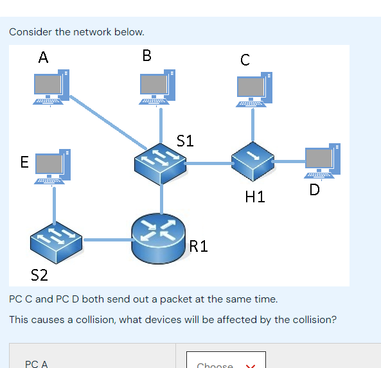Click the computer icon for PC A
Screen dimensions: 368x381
pos(51,87)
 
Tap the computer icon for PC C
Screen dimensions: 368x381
pos(253,89)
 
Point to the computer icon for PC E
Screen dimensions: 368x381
pos(53,168)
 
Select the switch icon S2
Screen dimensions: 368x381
pos(57,241)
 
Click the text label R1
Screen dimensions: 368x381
pos(199,246)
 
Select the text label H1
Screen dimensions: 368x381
pos(255,197)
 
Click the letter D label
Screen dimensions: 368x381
pos(314,190)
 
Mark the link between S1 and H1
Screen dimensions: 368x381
pos(208,164)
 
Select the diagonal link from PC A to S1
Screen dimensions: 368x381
pos(106,122)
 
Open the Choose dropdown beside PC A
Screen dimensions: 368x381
pos(226,363)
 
